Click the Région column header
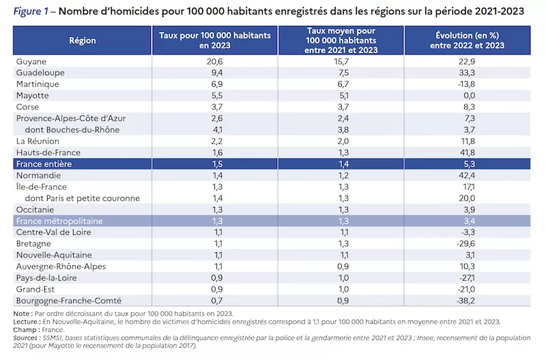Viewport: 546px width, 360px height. pyautogui.click(x=82, y=40)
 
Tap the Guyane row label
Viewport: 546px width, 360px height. pyautogui.click(x=31, y=61)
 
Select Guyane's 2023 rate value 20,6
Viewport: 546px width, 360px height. pyautogui.click(x=214, y=61)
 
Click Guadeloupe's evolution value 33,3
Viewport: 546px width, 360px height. pyautogui.click(x=467, y=73)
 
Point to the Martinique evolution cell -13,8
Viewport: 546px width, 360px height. pyautogui.click(x=467, y=84)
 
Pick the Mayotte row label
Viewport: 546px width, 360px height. pyautogui.click(x=32, y=96)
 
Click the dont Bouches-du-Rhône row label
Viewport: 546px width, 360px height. pyautogui.click(x=72, y=130)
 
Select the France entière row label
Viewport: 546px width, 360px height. pyautogui.click(x=44, y=164)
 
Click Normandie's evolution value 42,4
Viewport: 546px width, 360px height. pyautogui.click(x=467, y=176)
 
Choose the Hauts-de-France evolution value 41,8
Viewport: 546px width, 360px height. pyautogui.click(x=467, y=152)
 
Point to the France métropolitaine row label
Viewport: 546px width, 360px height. pyautogui.click(x=59, y=221)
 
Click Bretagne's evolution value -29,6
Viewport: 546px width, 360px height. pyautogui.click(x=465, y=244)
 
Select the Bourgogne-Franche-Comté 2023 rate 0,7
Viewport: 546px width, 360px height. pyautogui.click(x=217, y=301)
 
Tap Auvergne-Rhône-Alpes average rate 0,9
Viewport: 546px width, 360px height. pyautogui.click(x=343, y=266)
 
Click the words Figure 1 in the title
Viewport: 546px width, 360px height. pyautogui.click(x=31, y=12)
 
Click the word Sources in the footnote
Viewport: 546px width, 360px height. pyautogui.click(x=25, y=337)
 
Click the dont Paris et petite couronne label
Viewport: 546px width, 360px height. pyautogui.click(x=82, y=198)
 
